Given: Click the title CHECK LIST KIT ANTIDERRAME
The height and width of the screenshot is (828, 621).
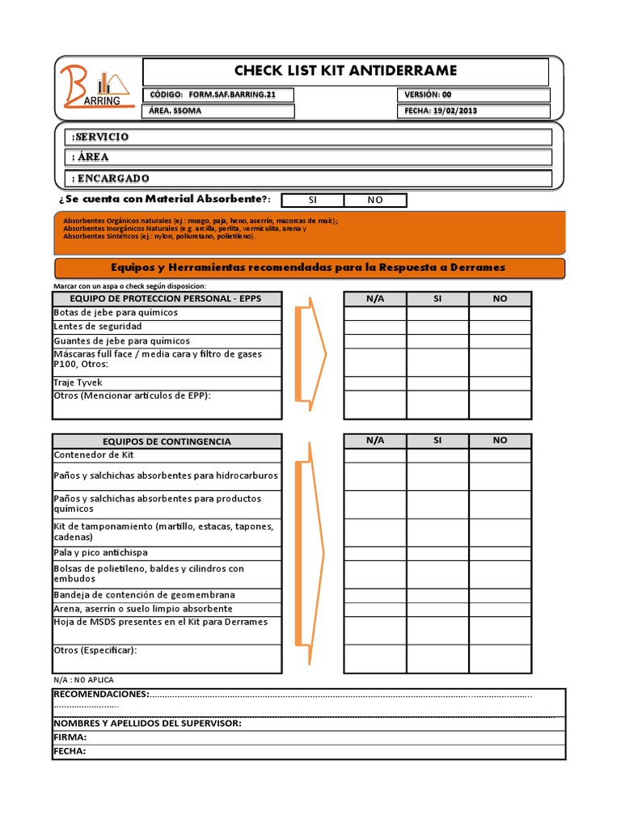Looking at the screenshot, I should pyautogui.click(x=345, y=71).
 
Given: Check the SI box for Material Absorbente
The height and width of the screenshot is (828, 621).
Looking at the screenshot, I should pyautogui.click(x=312, y=200).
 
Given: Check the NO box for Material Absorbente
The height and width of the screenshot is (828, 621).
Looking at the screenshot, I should pyautogui.click(x=375, y=200).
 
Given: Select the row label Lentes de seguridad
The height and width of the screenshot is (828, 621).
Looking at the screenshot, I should pyautogui.click(x=97, y=327).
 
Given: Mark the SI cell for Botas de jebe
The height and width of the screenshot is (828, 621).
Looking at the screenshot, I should pyautogui.click(x=437, y=313).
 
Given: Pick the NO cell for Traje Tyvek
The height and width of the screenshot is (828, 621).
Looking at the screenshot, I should pyautogui.click(x=500, y=383).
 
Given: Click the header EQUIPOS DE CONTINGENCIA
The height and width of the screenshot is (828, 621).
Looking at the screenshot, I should pyautogui.click(x=167, y=441).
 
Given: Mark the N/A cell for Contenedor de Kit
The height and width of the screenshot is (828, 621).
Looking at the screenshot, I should pyautogui.click(x=375, y=455).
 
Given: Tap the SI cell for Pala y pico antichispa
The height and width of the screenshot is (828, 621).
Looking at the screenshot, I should pyautogui.click(x=437, y=553).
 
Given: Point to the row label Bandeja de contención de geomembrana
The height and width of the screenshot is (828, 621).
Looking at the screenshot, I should pyautogui.click(x=144, y=595).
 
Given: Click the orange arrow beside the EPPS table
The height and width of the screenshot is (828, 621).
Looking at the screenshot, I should pyautogui.click(x=311, y=354).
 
